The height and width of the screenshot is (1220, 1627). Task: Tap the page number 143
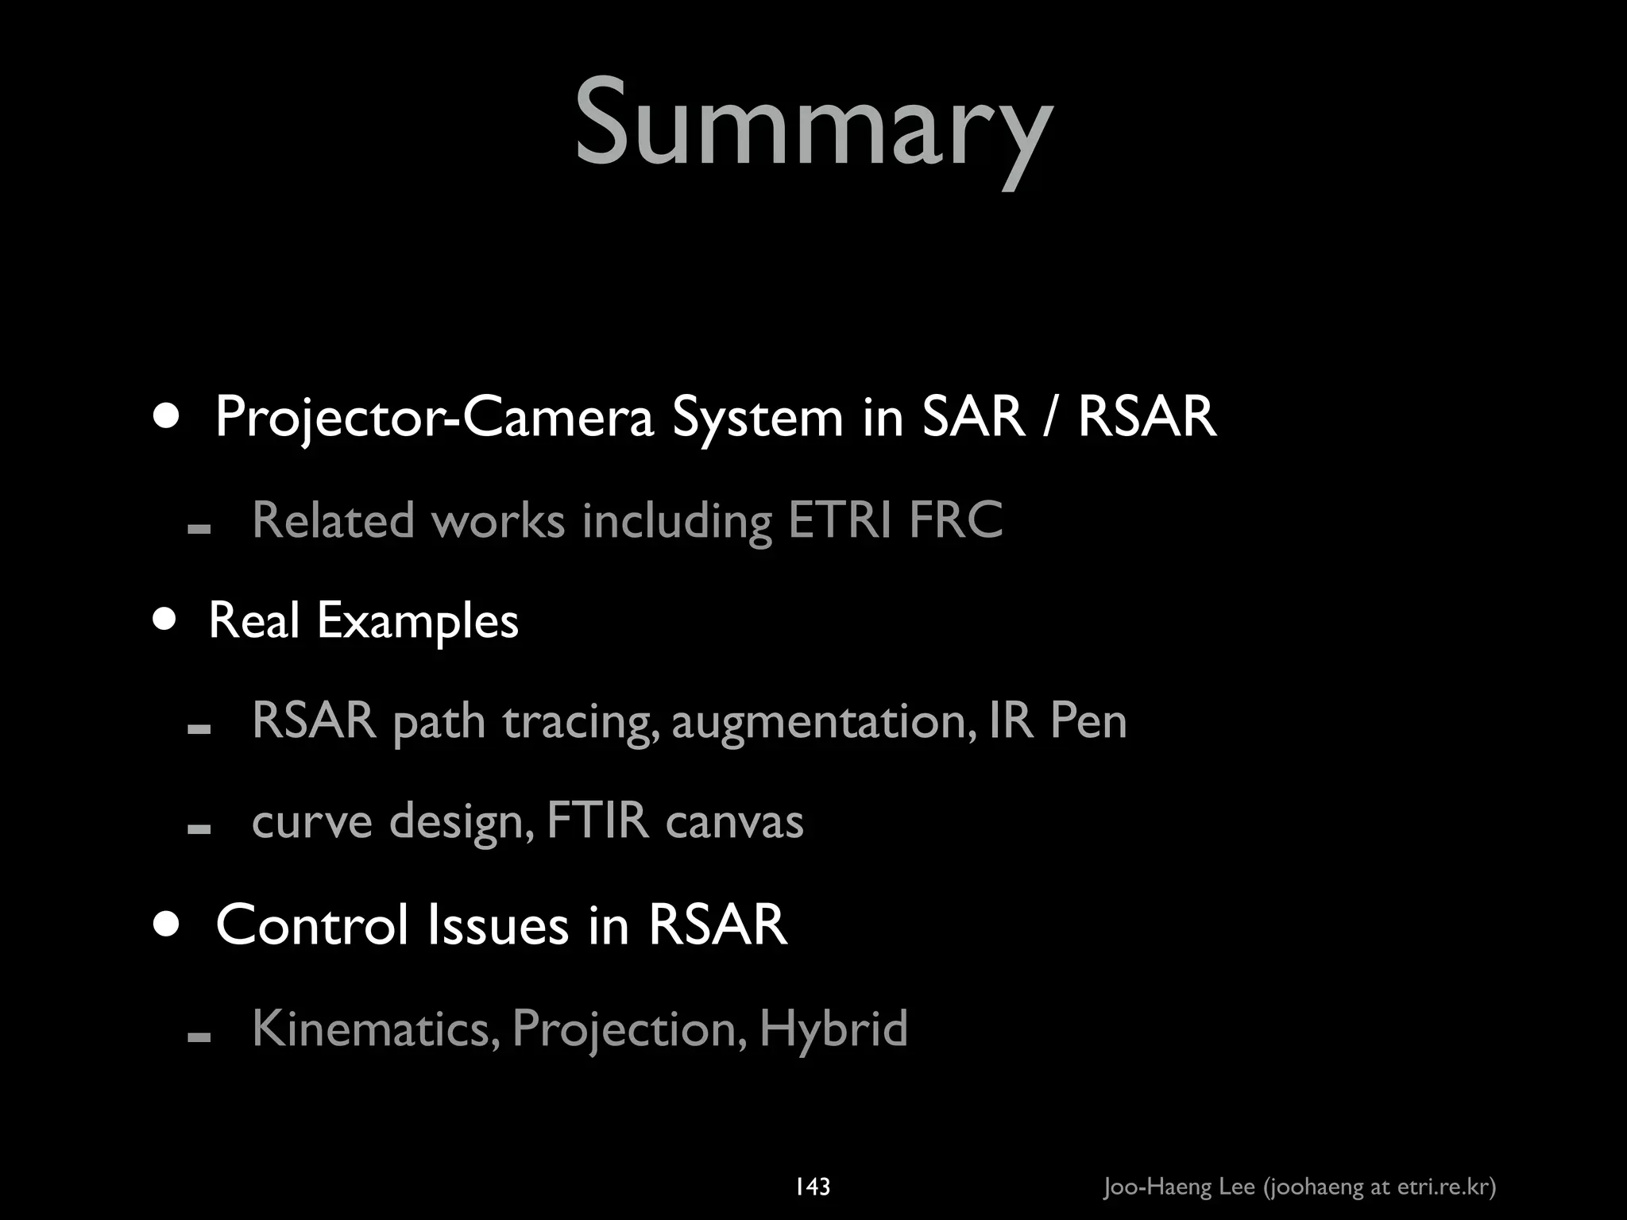point(812,1187)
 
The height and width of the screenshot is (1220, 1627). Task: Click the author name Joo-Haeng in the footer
point(1157,1187)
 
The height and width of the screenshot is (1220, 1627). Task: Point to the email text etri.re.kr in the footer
point(1442,1187)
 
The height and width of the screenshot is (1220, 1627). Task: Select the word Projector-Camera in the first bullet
point(434,417)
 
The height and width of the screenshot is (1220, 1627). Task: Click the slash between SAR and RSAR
point(1051,417)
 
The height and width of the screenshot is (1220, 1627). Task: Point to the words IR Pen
point(1058,721)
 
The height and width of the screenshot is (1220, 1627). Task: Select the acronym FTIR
point(598,821)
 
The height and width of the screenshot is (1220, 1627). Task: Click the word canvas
point(735,821)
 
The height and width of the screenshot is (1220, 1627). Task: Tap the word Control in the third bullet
point(313,925)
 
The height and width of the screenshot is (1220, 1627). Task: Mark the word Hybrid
point(833,1029)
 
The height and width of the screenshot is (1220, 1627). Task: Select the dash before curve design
point(199,829)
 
